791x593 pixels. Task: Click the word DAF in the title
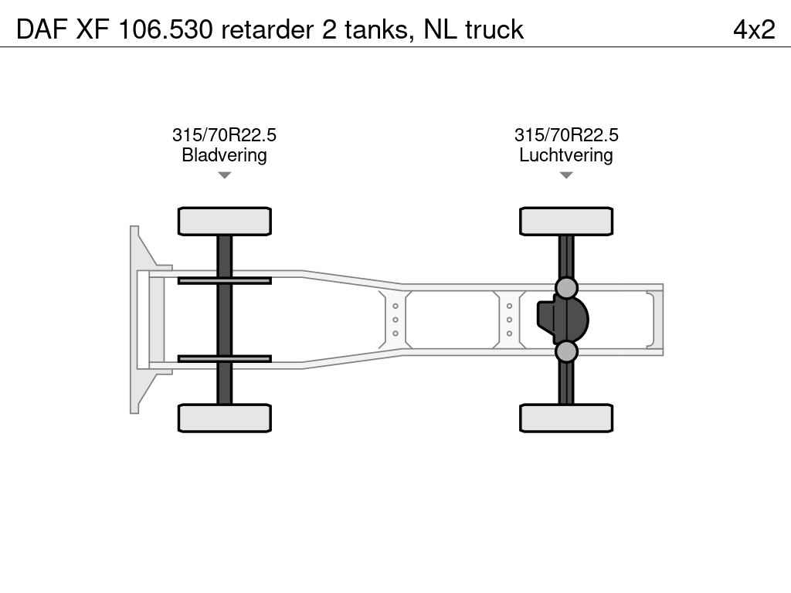[x=42, y=29]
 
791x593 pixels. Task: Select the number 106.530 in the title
[x=165, y=29]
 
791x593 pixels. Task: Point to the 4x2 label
[x=754, y=29]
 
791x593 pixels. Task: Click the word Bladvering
[x=225, y=154]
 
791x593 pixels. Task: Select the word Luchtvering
[x=566, y=154]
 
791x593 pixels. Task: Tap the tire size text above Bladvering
[x=225, y=134]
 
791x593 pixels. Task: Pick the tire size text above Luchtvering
[x=566, y=134]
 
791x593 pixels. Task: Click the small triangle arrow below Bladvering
[x=225, y=175]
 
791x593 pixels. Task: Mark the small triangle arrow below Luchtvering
[x=566, y=175]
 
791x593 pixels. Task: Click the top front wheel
[x=225, y=222]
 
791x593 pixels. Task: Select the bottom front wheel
[x=225, y=418]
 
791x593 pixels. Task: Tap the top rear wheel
[x=566, y=222]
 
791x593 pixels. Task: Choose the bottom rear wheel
[x=566, y=418]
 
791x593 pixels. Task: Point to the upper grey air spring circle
[x=566, y=288]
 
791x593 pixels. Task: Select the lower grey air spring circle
[x=566, y=351]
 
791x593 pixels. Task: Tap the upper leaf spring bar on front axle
[x=225, y=281]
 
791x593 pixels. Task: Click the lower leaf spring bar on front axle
[x=225, y=359]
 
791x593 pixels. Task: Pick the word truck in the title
[x=494, y=29]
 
